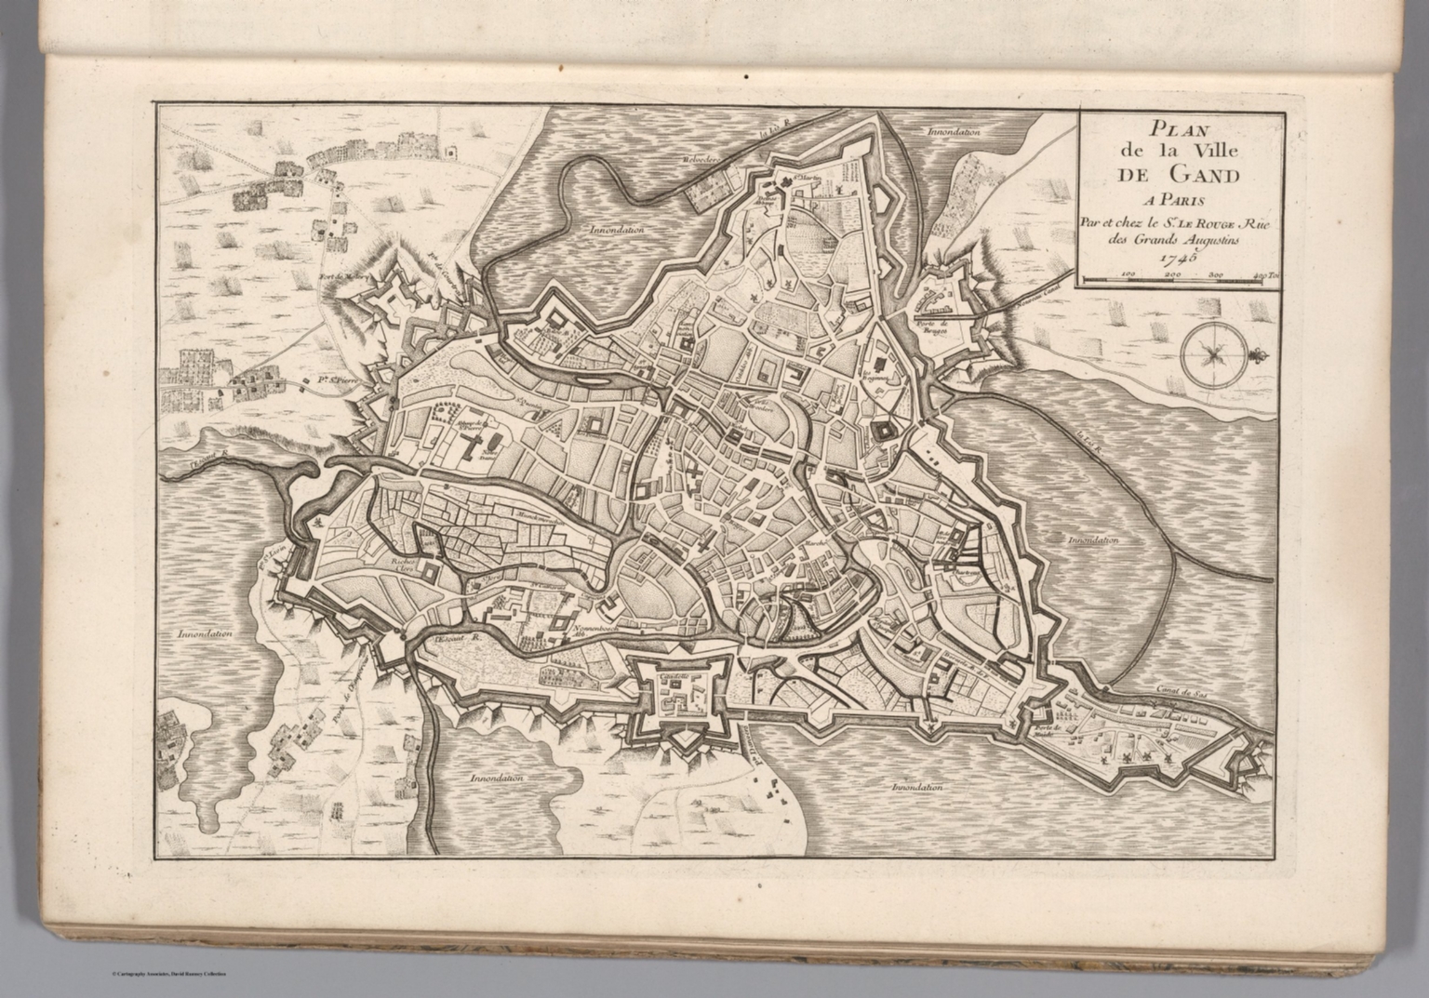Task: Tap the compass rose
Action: click(1212, 353)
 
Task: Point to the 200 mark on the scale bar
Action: click(1172, 275)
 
